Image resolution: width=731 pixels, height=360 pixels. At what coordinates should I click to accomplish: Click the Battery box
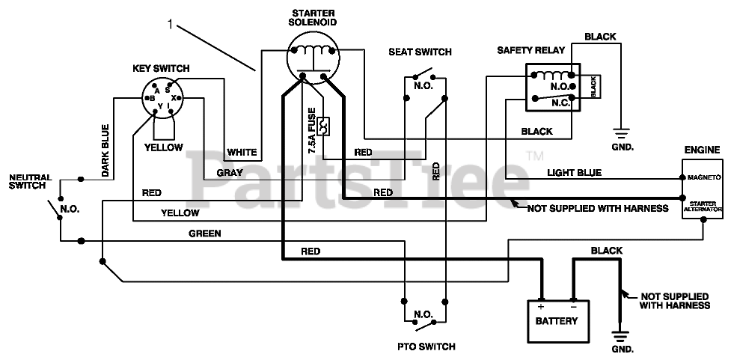pos(558,321)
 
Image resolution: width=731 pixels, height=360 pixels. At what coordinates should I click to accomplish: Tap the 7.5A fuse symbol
pos(323,126)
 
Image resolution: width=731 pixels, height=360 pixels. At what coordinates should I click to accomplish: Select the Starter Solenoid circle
pos(313,58)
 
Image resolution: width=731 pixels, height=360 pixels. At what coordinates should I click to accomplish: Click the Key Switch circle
pos(162,98)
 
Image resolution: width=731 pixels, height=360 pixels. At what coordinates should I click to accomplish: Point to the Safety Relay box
pos(553,88)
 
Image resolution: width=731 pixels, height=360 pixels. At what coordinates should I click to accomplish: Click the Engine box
pos(703,191)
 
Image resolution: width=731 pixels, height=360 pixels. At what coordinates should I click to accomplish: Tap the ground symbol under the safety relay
pos(621,133)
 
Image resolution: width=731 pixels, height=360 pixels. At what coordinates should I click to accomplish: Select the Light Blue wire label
pos(574,173)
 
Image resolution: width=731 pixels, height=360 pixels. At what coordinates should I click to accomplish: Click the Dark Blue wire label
pos(105,150)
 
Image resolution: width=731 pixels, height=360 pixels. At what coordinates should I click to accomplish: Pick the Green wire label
pos(205,234)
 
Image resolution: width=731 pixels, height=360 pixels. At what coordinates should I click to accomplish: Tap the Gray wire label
pos(230,173)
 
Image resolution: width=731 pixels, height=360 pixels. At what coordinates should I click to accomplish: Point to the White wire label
pos(242,152)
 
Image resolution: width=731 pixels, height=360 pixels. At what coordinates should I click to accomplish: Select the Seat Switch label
pos(420,52)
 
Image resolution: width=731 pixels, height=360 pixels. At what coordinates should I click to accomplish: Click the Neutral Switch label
pos(31,181)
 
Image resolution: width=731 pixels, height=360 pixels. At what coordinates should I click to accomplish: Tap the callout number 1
pos(170,24)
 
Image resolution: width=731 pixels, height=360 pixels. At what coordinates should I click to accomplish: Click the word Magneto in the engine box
pos(704,177)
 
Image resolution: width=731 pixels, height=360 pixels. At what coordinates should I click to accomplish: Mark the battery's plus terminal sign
pos(541,306)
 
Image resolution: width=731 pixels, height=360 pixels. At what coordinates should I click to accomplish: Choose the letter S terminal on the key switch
pos(168,90)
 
